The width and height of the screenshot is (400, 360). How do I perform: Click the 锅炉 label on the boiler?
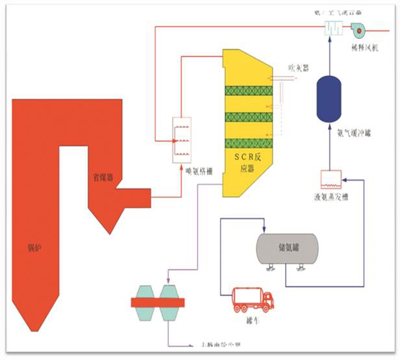pyautogui.click(x=34, y=248)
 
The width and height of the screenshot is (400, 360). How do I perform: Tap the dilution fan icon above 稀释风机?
pyautogui.click(x=358, y=29)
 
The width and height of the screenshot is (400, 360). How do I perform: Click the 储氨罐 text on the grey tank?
pyautogui.click(x=288, y=247)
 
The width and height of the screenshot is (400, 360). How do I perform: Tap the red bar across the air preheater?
pyautogui.click(x=157, y=302)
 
